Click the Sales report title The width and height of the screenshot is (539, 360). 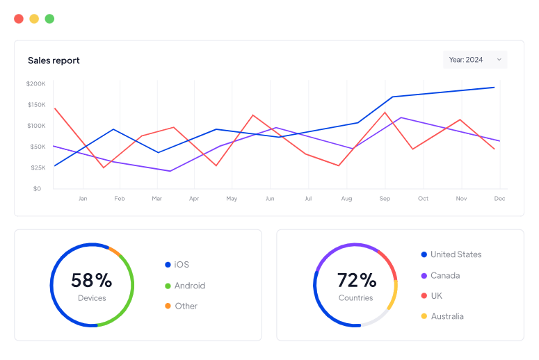tap(54, 60)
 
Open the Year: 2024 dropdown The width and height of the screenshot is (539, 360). tap(475, 60)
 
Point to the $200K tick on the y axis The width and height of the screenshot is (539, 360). tap(35, 84)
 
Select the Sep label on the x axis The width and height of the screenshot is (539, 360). tap(385, 199)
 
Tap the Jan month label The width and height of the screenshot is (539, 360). tap(83, 199)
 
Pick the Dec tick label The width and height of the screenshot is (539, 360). tap(499, 199)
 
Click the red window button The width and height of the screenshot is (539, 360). tap(19, 19)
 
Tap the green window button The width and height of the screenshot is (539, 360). tap(49, 19)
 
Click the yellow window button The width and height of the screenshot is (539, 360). tap(34, 19)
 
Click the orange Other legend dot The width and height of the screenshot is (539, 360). tap(168, 306)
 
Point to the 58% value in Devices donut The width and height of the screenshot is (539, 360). tap(91, 280)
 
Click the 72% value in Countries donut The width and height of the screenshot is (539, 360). tap(356, 280)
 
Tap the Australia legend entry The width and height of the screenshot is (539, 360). tap(447, 316)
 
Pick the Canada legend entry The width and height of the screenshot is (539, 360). tap(444, 275)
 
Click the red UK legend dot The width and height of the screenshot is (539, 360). tap(424, 296)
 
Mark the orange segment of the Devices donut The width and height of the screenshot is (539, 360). tap(115, 251)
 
